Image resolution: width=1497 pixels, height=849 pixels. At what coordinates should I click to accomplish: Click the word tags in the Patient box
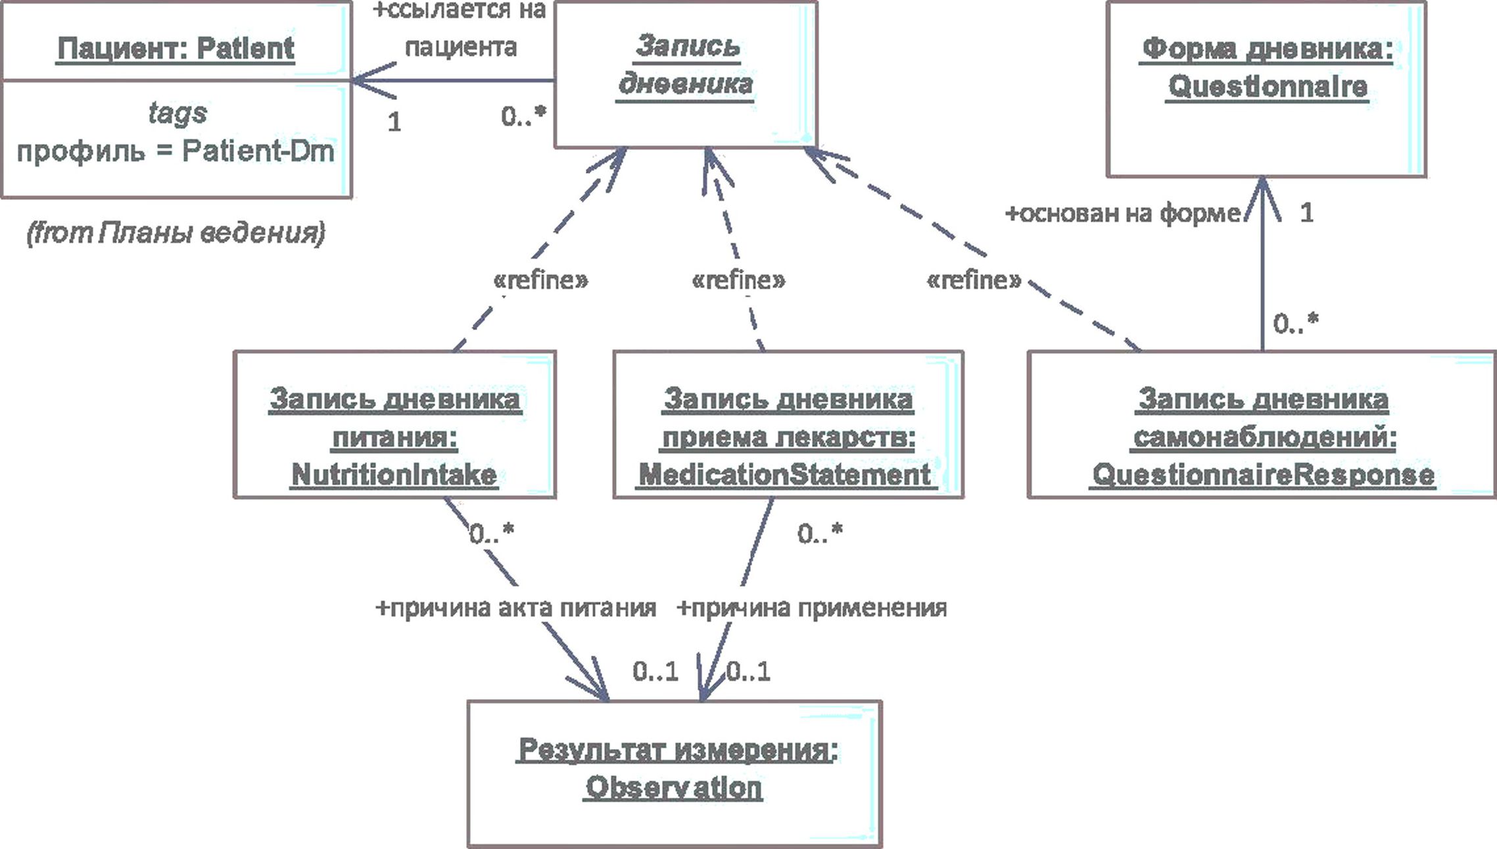[x=178, y=112]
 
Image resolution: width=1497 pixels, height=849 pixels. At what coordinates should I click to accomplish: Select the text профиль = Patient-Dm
[x=176, y=151]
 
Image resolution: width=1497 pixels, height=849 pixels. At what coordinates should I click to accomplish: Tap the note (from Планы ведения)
[x=176, y=233]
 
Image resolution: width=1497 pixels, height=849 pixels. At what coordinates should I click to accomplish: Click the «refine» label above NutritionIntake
[x=540, y=280]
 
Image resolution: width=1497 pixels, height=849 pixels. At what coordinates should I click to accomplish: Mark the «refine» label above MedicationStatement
[x=738, y=280]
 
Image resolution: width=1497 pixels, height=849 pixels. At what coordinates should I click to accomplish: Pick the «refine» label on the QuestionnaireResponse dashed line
[x=974, y=280]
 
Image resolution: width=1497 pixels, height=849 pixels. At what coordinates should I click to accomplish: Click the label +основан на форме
[x=1123, y=213]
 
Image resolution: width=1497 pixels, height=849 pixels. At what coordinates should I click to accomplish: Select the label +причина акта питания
[x=515, y=608]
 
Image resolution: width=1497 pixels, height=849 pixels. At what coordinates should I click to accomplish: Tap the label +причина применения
[x=812, y=608]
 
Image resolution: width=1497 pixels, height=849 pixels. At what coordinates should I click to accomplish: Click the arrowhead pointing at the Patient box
[x=373, y=81]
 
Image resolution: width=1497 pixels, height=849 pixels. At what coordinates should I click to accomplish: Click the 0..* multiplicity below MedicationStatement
[x=820, y=533]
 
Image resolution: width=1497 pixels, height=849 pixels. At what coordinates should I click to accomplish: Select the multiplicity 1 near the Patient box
[x=394, y=122]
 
